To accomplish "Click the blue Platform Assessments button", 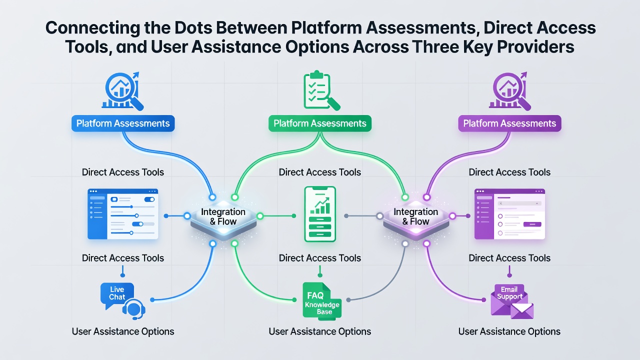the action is coord(123,123).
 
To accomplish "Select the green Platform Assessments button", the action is coord(320,123).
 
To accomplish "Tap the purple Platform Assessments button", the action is coord(509,123).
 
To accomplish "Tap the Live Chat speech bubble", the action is coord(117,295).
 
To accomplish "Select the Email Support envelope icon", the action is coord(512,301).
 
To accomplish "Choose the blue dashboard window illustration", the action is coord(123,213).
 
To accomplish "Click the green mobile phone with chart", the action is coord(320,214).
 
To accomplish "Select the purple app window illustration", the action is coord(509,213).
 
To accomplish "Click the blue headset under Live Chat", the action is coord(133,309).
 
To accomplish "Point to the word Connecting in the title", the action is coord(93,28).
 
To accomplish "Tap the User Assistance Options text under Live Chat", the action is coord(123,331).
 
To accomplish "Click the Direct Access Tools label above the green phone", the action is coord(320,172).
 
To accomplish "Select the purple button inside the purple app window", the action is coord(532,224).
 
